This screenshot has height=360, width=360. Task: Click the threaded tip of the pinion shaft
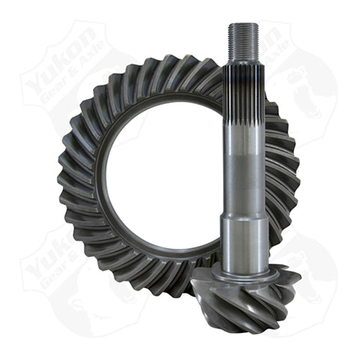(244, 40)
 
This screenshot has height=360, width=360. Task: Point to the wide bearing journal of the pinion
(244, 240)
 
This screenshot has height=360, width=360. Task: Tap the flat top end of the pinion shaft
(244, 25)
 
